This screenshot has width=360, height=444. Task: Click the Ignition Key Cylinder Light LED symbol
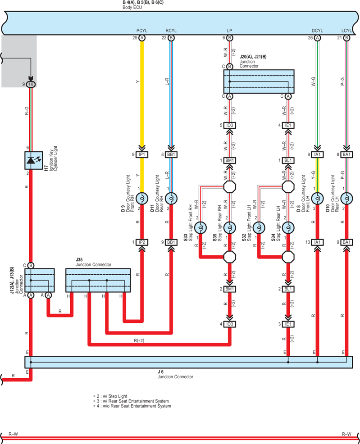click(34, 161)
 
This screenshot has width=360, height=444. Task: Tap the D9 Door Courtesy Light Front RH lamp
click(142, 199)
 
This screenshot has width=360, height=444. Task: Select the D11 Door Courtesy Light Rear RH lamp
click(171, 199)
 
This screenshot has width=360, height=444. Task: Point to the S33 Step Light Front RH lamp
click(200, 228)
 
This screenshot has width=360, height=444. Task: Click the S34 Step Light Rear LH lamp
click(288, 228)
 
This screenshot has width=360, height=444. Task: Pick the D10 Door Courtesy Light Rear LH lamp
click(346, 199)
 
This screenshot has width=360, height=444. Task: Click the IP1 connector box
click(142, 154)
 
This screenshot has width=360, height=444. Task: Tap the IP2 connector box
click(142, 242)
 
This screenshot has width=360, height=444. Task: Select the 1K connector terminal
click(31, 84)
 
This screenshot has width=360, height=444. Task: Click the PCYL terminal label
click(142, 31)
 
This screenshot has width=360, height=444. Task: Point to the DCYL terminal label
click(317, 31)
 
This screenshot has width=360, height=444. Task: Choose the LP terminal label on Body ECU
click(230, 31)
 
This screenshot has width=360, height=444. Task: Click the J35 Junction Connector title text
click(93, 262)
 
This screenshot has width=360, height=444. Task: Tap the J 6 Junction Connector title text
click(175, 374)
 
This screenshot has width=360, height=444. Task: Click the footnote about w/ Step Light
click(110, 396)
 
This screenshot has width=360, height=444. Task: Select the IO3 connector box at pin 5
click(230, 126)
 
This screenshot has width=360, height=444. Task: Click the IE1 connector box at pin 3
click(288, 324)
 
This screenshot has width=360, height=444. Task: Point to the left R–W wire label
click(14, 434)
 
